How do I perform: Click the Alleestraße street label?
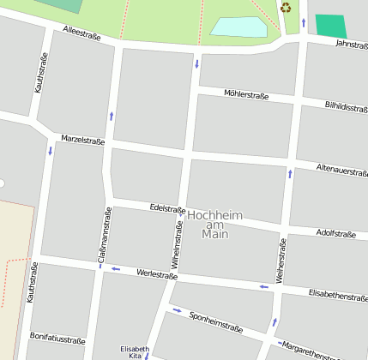[81, 33]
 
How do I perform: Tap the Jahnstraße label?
[351, 44]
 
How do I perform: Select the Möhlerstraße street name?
[246, 95]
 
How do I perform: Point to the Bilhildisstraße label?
[346, 108]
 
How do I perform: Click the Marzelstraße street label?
[82, 140]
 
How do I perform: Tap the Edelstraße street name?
[167, 208]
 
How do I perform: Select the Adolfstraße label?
[335, 233]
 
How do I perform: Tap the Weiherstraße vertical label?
[281, 262]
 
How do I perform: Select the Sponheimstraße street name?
[215, 322]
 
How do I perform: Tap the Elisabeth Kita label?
[134, 351]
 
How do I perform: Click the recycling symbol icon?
[285, 8]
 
